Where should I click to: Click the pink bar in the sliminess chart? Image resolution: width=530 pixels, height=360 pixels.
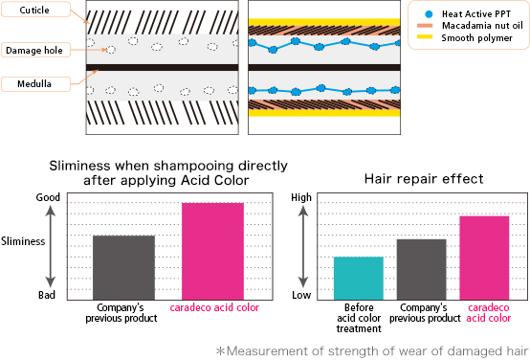[213, 249]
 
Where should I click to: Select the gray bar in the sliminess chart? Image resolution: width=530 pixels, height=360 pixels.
[123, 265]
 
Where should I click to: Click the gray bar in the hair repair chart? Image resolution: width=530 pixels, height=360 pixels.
[421, 267]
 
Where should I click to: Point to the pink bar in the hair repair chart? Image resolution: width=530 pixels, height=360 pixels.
[484, 256]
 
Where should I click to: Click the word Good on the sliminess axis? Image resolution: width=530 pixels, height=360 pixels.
[49, 198]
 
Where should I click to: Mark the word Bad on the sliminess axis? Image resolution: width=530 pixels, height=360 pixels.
[48, 296]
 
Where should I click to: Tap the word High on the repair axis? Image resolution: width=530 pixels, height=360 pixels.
[302, 198]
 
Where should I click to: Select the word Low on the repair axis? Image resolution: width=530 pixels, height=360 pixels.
[302, 296]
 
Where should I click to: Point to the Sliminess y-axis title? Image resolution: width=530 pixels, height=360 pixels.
[24, 242]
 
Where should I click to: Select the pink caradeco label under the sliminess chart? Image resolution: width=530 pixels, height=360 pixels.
[213, 308]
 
